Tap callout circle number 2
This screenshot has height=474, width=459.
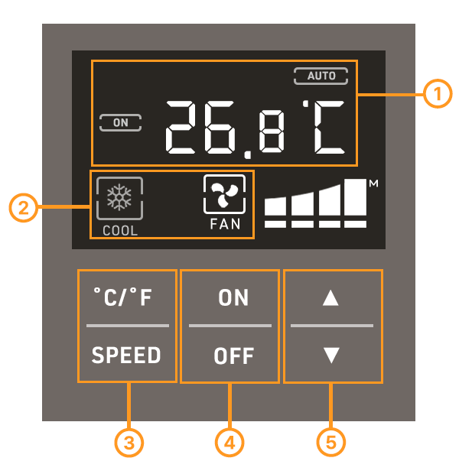tap(24, 208)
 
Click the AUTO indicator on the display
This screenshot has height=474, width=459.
tap(321, 76)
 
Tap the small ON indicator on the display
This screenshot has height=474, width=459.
tap(121, 122)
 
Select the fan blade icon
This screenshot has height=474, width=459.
tap(225, 196)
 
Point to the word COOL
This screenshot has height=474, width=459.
tap(120, 230)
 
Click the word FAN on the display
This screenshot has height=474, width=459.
tap(225, 225)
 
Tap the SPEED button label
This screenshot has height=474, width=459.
tap(127, 355)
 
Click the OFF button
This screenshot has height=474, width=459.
tap(229, 355)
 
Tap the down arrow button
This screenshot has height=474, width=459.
tap(331, 355)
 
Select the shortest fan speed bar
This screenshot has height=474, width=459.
tap(275, 206)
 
